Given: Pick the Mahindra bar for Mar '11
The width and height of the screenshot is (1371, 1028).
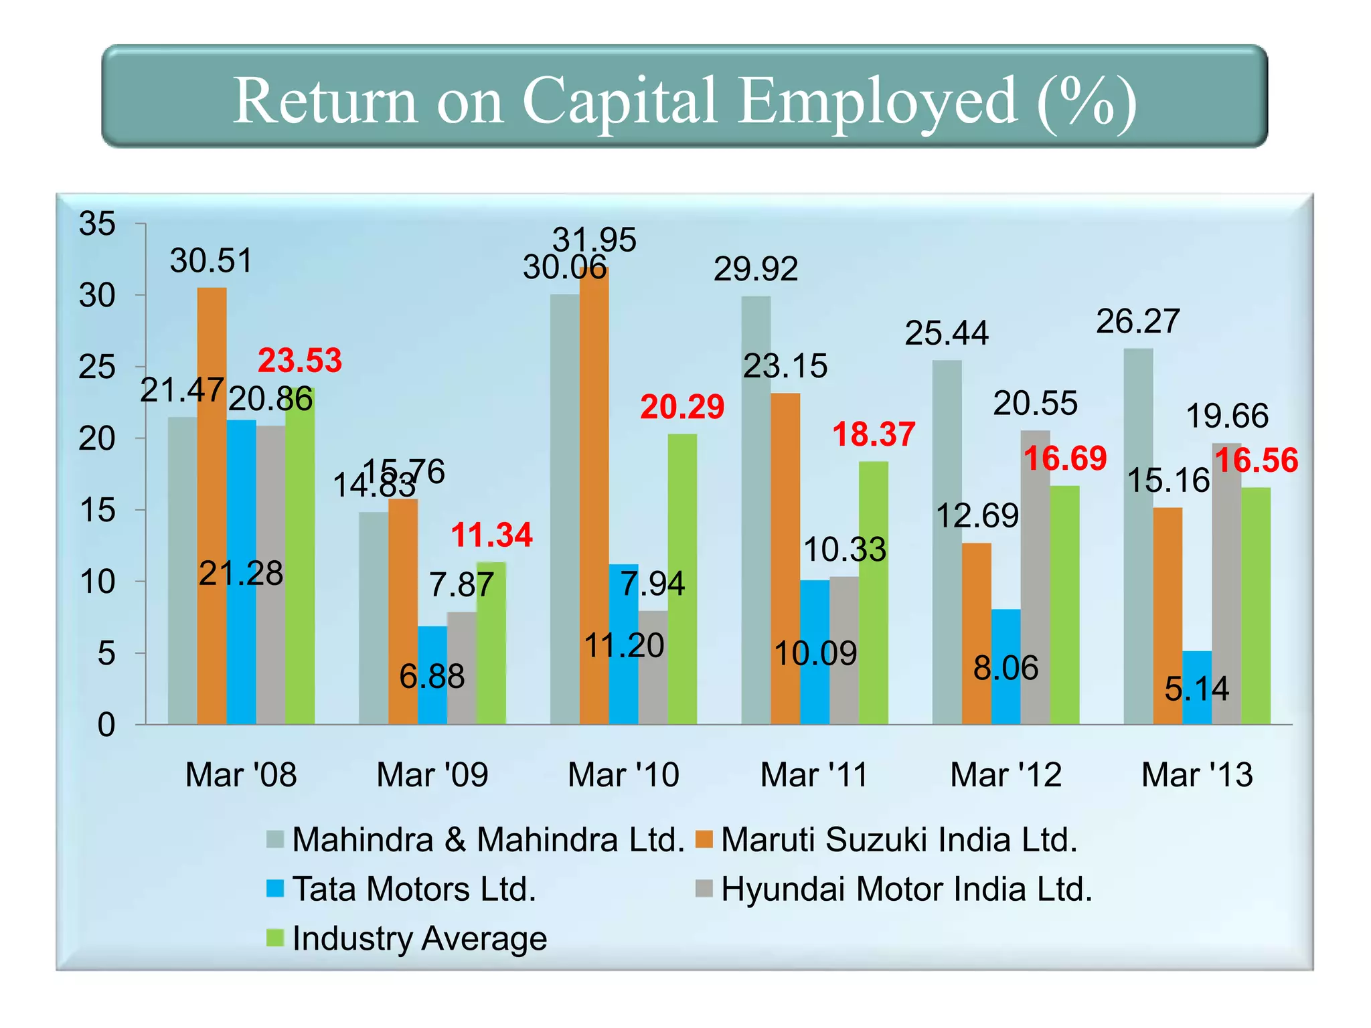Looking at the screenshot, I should [756, 509].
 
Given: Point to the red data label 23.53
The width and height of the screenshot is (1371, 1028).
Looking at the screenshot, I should [300, 361].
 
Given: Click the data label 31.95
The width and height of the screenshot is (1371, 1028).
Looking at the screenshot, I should [594, 240].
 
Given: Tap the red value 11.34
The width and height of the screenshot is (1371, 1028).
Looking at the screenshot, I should [491, 535].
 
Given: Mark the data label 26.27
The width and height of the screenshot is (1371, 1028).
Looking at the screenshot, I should [1137, 321].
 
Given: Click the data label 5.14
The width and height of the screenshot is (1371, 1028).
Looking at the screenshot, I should [1197, 689].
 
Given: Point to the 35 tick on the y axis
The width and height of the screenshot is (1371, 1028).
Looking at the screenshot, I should [97, 224].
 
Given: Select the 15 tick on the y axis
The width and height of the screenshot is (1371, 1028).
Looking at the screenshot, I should [97, 511].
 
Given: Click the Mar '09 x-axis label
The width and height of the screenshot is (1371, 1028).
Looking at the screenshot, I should [432, 775].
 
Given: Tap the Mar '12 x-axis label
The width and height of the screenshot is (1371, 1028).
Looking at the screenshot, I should [1005, 775].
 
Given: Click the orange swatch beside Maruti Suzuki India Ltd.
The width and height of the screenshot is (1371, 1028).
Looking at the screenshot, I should [704, 839].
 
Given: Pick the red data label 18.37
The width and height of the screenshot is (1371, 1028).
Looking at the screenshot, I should [874, 434].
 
